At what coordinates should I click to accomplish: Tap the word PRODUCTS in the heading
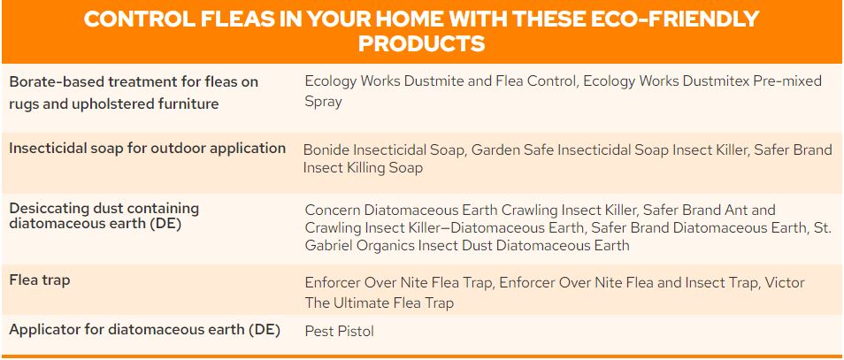(x=421, y=44)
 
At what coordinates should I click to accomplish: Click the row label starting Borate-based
(x=134, y=93)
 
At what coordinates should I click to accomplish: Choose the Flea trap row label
(x=40, y=280)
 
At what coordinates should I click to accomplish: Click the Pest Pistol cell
(x=339, y=331)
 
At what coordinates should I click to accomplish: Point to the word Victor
(x=784, y=283)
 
